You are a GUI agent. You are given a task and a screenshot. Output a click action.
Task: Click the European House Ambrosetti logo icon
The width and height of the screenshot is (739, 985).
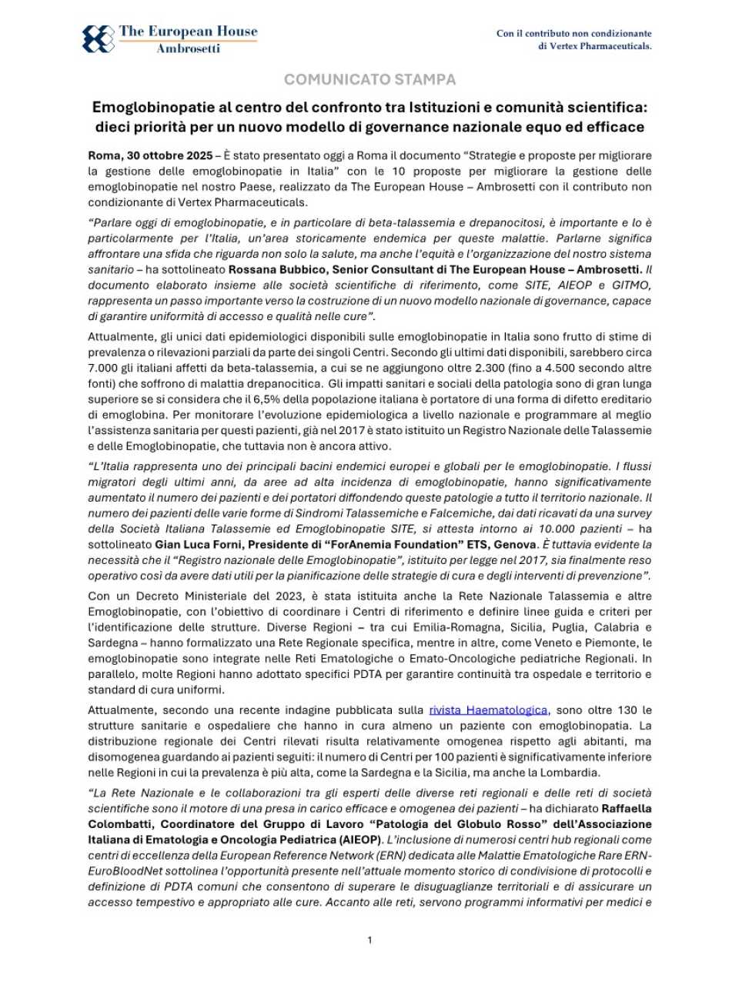pos(98,38)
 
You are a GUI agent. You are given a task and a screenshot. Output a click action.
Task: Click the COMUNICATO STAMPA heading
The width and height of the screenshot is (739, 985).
pos(369,79)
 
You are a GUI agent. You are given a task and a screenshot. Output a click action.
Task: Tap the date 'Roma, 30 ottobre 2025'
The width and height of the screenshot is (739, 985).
pos(150,155)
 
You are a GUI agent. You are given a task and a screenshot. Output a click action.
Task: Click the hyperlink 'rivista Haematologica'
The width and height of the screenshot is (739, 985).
pos(488,710)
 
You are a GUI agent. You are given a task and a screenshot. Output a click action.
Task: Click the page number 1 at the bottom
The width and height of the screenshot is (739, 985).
pos(369,940)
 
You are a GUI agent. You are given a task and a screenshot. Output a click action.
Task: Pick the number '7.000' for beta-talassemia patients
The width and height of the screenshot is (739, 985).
pos(102,368)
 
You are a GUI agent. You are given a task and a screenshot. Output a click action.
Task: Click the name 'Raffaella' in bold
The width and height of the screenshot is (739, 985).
pos(626,809)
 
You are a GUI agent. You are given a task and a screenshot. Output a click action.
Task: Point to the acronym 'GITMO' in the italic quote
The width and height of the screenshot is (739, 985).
pos(632,285)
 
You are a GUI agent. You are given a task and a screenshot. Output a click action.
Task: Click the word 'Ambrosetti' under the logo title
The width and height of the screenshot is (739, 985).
pos(188,48)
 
